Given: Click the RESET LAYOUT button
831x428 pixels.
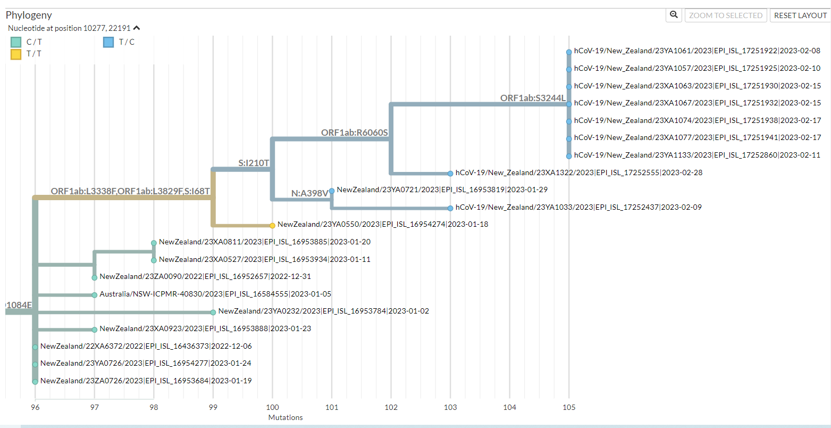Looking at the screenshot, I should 800,15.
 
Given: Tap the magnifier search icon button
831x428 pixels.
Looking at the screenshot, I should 674,15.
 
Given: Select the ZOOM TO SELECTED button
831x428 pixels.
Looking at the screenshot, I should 726,15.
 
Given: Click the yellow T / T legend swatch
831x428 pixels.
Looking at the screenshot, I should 16,54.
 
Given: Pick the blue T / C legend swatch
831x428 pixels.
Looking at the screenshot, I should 108,42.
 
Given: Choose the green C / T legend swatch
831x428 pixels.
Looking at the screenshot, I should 16,42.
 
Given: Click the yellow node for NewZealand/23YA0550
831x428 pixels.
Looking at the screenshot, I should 272,226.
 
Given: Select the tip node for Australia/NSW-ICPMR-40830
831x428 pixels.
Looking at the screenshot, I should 95,295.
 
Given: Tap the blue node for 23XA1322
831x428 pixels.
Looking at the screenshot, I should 450,174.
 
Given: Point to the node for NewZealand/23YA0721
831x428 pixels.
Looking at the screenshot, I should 332,191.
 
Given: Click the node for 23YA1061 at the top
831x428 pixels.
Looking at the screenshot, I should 569,52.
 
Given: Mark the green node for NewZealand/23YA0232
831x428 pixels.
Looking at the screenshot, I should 213,312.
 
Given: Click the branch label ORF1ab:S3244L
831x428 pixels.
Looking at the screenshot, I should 533,98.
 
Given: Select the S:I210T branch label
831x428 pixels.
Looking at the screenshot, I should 254,163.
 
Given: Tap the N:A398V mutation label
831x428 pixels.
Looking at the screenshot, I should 309,193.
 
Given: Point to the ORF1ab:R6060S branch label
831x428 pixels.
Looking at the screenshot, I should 354,133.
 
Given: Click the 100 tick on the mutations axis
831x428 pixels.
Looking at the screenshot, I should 272,408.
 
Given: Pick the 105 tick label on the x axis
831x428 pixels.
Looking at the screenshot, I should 569,408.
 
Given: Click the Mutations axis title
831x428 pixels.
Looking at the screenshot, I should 286,417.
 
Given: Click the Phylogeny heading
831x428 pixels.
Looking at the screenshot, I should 29,15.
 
